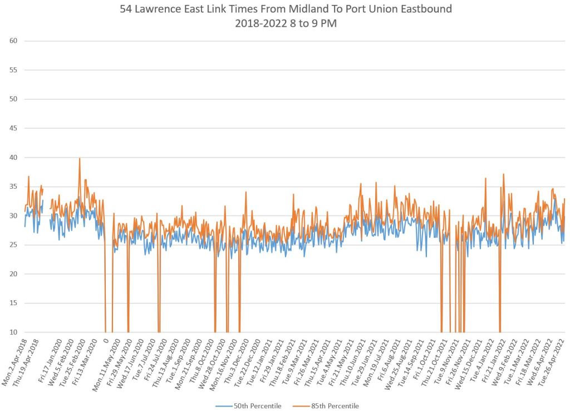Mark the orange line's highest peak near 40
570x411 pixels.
pos(80,159)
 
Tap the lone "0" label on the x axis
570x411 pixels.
pos(106,340)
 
